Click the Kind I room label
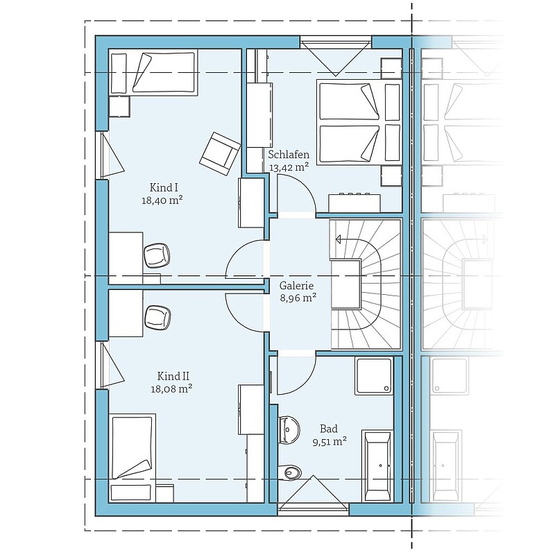[x=163, y=187]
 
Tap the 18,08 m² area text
[x=171, y=389]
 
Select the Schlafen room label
[x=289, y=155]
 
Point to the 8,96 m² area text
[x=298, y=298]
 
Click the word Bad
[x=329, y=429]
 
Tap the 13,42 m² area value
[x=289, y=167]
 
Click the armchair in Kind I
[x=220, y=154]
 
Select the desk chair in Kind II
[x=157, y=318]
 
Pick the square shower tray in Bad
[x=374, y=375]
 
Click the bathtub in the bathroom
[x=377, y=466]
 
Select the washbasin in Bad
[x=289, y=429]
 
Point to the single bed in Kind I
[x=153, y=73]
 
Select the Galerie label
[x=297, y=285]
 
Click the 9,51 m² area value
[x=330, y=442]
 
